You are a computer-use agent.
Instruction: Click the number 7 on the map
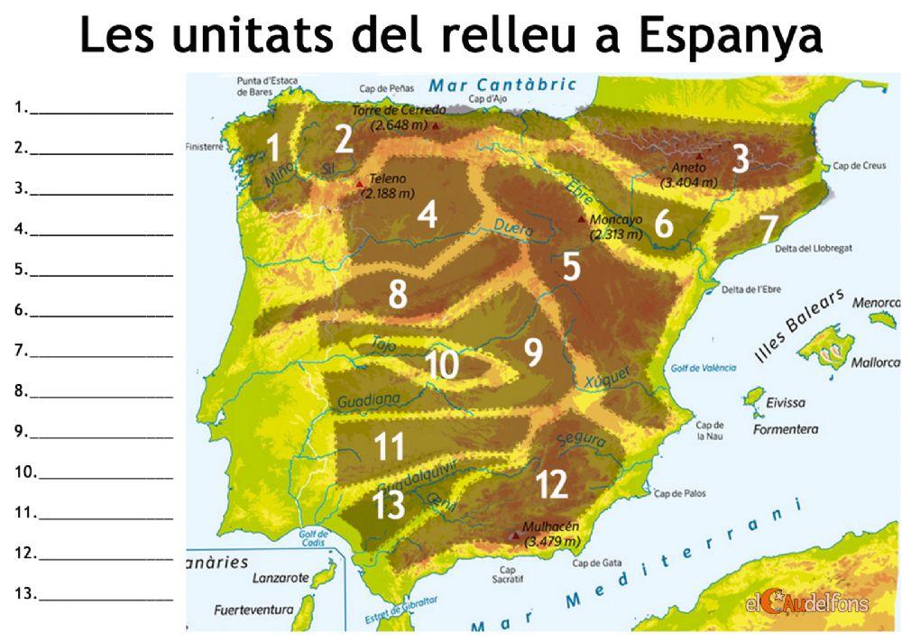[769, 229]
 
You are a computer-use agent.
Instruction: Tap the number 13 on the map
[389, 504]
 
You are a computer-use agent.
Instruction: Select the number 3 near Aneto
[740, 160]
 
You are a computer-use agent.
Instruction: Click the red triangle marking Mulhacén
[515, 536]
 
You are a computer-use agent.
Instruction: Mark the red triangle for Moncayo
[581, 219]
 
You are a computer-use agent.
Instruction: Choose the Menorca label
[877, 304]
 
